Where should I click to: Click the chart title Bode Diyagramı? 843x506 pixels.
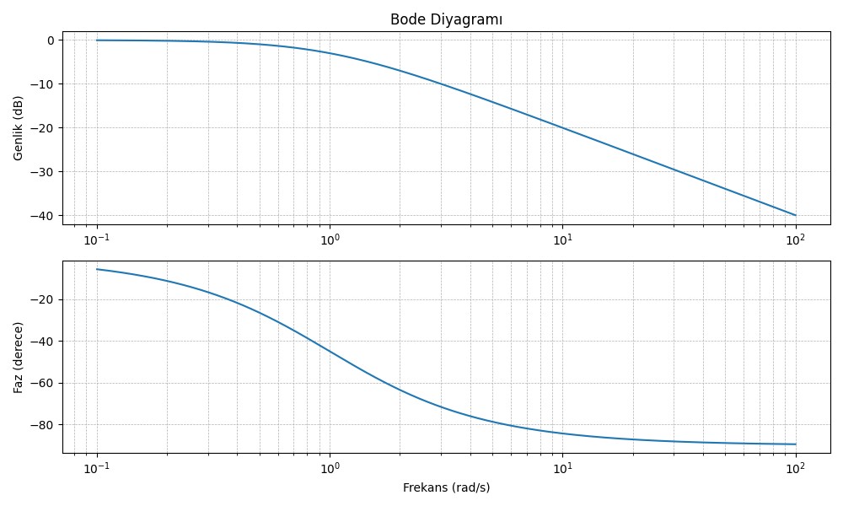446,20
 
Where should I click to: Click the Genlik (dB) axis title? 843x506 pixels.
18,127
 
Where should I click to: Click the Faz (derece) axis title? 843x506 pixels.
18,357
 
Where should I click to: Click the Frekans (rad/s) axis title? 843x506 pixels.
446,487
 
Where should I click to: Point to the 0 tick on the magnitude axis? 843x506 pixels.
51,40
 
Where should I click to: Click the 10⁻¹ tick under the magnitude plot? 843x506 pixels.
97,240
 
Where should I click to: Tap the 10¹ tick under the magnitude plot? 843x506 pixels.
562,240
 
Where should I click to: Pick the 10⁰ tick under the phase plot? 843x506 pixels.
330,469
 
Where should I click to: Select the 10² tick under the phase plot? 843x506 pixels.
795,469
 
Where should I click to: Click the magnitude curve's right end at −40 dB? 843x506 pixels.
795,215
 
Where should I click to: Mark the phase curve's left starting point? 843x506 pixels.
97,269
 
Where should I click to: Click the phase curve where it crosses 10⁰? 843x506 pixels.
330,352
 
